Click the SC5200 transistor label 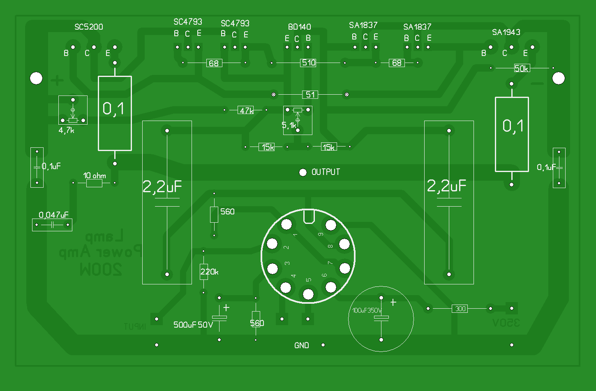88,27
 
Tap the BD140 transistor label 299,27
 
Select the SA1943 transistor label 506,32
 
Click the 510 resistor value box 309,63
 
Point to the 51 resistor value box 310,95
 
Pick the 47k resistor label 246,110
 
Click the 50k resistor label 522,68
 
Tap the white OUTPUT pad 303,172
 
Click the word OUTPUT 326,172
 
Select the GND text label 302,345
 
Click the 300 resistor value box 460,308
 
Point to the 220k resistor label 209,272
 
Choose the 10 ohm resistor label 95,176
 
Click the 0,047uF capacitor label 53,215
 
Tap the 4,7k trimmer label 67,130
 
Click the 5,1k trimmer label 289,125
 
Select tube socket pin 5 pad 308,294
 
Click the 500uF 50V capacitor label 193,325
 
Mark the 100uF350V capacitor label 367,310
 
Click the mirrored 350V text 506,323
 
